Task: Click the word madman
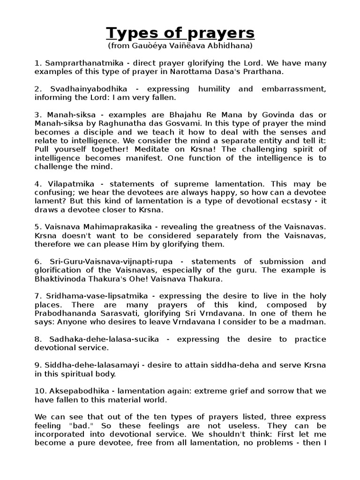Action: [x=309, y=322]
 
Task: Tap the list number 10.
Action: [x=39, y=391]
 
